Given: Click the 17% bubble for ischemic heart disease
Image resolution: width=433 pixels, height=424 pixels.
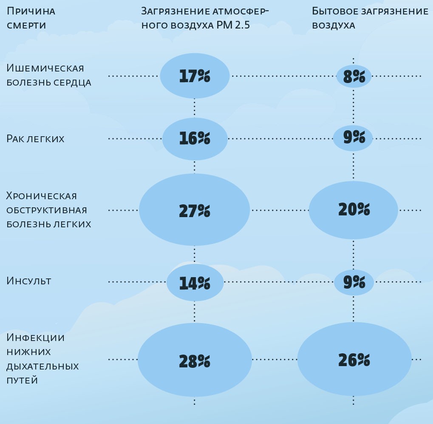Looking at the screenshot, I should coord(195,76).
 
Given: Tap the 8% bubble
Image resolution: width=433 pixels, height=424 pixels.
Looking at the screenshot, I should coord(354,77).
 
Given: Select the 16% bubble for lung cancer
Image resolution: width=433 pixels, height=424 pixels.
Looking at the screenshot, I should coord(195,139).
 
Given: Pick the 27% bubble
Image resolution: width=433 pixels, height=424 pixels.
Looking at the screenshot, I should coord(194,210).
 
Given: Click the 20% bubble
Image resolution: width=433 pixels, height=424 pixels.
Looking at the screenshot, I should coord(354,209).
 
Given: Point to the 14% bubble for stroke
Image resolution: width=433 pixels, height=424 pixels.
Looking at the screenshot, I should coord(195,282).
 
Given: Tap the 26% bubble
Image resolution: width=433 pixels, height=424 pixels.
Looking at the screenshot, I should coord(354,360).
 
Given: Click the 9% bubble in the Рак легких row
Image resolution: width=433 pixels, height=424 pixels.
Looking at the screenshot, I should coord(353,138).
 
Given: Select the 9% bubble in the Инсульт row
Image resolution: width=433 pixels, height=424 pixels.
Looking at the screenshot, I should coord(354,282).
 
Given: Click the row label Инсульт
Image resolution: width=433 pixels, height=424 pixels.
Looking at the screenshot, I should coord(29,281).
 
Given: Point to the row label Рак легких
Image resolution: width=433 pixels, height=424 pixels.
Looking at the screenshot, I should coord(35,139).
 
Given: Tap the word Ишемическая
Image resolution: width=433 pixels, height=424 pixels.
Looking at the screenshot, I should coord(45,68).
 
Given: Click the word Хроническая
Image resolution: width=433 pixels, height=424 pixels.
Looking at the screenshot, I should coord(42,196).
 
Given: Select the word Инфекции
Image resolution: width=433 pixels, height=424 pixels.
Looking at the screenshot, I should coord(36,338).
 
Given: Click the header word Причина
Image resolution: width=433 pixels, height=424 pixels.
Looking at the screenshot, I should coord(31,11).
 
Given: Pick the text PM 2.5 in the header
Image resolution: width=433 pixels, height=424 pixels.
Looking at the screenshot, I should coord(233,25).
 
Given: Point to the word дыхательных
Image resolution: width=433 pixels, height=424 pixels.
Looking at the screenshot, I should coord(42,366).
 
